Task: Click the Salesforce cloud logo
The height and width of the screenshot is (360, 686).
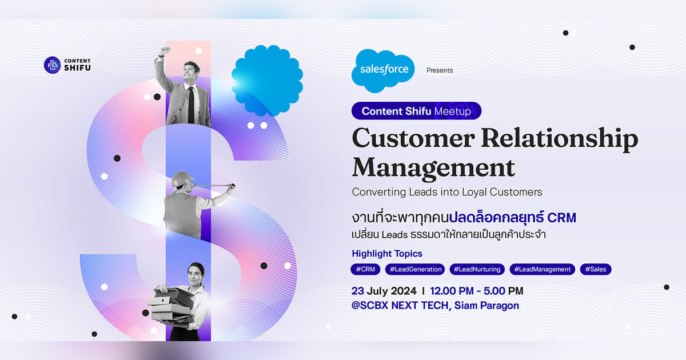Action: [x=384, y=70]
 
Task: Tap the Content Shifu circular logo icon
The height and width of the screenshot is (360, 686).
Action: [x=52, y=65]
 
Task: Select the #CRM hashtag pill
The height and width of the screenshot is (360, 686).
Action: [x=365, y=269]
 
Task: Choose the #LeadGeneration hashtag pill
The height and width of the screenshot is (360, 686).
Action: [x=414, y=269]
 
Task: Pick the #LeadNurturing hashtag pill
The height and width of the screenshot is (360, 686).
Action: [x=477, y=269]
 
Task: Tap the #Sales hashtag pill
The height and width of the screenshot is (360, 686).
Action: [x=596, y=269]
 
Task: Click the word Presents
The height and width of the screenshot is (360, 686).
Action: [x=440, y=70]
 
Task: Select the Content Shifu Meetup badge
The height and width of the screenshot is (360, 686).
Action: [x=416, y=111]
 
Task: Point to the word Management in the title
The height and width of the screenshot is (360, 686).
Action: [x=433, y=168]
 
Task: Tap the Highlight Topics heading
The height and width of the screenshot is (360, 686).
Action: [x=387, y=254]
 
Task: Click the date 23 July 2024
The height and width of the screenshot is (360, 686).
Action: [x=384, y=291]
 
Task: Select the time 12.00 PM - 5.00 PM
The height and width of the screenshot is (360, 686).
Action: [x=476, y=291]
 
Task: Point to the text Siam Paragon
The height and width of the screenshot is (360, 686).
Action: [x=487, y=306]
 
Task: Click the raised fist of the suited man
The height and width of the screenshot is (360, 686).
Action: [x=165, y=50]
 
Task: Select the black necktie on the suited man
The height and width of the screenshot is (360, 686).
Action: [x=191, y=103]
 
